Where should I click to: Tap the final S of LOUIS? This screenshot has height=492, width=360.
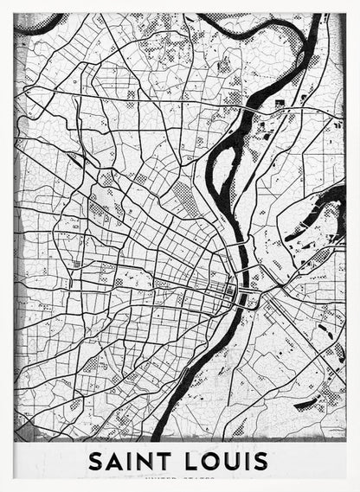click(x=260, y=461)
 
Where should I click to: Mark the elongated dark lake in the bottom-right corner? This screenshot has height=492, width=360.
click(x=306, y=403)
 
